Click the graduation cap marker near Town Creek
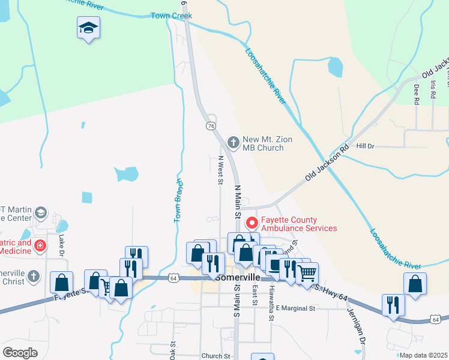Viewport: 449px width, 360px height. click(x=89, y=28)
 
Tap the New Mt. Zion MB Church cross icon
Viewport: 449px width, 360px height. click(x=234, y=143)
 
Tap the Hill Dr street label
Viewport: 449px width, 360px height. click(x=365, y=146)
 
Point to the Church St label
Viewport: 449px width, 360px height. click(x=216, y=356)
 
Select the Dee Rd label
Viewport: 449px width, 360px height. click(x=416, y=94)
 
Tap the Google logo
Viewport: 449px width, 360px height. click(x=20, y=352)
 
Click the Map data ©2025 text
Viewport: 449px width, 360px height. click(x=423, y=355)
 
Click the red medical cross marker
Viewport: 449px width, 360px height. click(x=40, y=245)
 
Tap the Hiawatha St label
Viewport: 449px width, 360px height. click(x=271, y=299)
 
